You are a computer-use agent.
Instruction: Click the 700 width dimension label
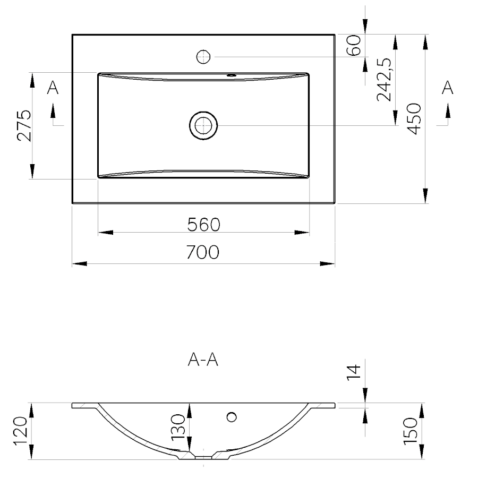coord(203,252)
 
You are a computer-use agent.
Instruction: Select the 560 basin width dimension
coord(203,225)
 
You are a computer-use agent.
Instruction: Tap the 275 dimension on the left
coord(24,125)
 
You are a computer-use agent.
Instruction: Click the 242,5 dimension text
coord(384,79)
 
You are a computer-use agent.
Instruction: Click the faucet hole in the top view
coord(204,56)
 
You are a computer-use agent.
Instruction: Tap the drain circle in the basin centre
coord(203,125)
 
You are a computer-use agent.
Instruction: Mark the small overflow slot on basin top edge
coord(231,75)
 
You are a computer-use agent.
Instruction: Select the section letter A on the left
coord(53,88)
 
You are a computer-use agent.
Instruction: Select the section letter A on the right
coord(448,88)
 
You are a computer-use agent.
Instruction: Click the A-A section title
coord(203,361)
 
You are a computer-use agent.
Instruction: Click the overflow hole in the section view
coord(231,417)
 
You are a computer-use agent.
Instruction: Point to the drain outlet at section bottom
coord(203,456)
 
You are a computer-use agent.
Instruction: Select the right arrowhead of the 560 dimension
coord(303,232)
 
